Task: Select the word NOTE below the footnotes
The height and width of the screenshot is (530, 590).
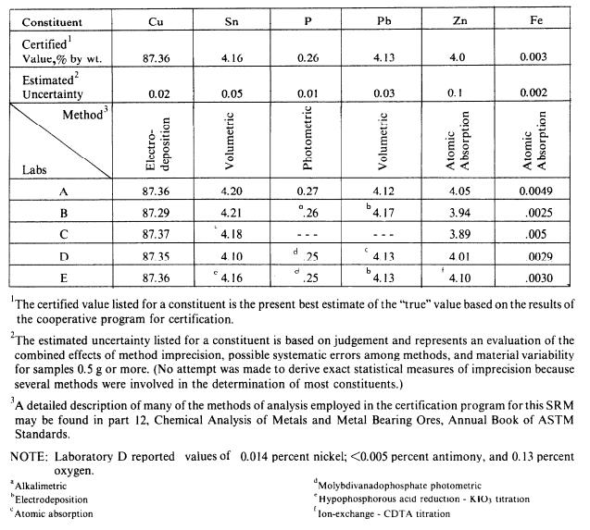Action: pyautogui.click(x=27, y=456)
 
